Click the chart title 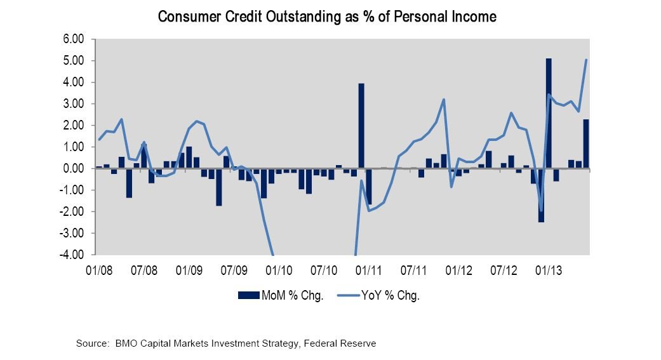pyautogui.click(x=327, y=17)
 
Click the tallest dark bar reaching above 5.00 pyautogui.click(x=549, y=114)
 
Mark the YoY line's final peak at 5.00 pyautogui.click(x=586, y=60)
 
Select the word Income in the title pyautogui.click(x=472, y=17)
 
